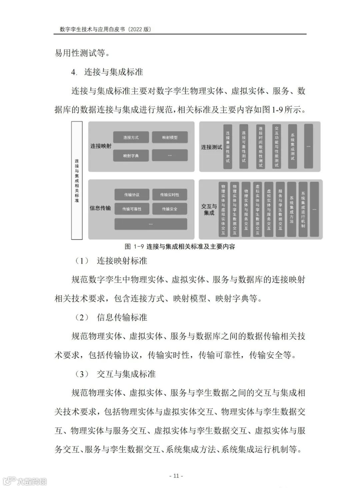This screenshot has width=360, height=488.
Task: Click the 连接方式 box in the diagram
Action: [x=131, y=137]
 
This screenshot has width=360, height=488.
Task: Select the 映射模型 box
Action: [x=170, y=137]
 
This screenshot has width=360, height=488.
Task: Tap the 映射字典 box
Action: [x=131, y=156]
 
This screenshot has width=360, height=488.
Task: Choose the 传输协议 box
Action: [x=132, y=195]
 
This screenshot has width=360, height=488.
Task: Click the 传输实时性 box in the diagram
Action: [x=170, y=195]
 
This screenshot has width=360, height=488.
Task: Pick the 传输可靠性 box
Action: [x=132, y=209]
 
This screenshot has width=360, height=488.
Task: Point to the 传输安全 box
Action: [x=170, y=209]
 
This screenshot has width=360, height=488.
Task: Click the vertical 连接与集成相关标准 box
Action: [x=77, y=180]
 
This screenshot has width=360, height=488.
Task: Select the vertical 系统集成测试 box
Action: [x=292, y=147]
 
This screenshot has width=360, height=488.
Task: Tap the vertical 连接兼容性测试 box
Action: [x=228, y=147]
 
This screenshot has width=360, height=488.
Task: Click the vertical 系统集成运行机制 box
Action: [x=303, y=209]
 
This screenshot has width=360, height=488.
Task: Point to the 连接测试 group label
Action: [x=211, y=147]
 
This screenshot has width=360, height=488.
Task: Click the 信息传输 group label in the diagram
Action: [x=100, y=208]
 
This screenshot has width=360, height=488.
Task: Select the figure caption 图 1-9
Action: [x=180, y=247]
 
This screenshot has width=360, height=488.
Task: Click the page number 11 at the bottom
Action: [x=176, y=476]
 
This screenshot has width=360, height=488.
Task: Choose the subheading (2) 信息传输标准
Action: [x=112, y=317]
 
